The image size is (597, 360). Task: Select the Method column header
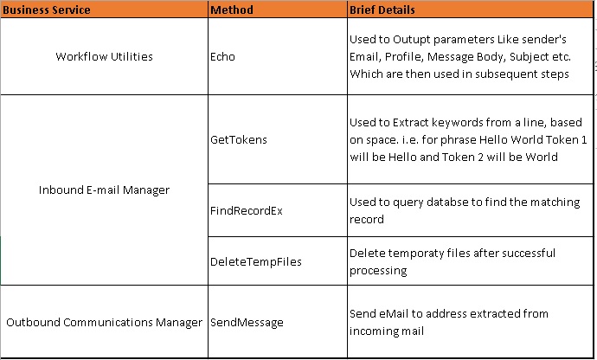coord(231,10)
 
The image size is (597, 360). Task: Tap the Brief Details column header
coord(382,10)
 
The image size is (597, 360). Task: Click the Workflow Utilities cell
coord(104,57)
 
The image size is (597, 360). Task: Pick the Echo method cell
coord(222,57)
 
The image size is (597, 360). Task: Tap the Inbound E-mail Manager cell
coord(104,190)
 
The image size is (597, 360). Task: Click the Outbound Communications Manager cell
coord(104,322)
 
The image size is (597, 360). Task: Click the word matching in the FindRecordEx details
coord(540,202)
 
